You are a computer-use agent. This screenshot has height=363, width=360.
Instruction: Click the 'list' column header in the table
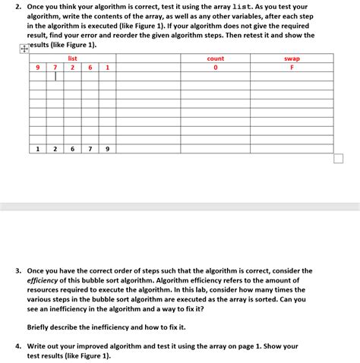coord(72,58)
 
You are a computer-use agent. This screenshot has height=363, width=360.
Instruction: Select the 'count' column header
coord(216,58)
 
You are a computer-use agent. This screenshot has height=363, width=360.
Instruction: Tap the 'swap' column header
coord(292,58)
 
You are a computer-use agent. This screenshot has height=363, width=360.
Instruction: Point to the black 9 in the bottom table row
coord(107,149)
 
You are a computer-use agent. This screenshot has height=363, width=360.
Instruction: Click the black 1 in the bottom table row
coord(37,149)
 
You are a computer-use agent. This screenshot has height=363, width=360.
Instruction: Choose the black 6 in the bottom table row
coord(72,149)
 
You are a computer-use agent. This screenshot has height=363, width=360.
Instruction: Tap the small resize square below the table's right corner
coord(338,159)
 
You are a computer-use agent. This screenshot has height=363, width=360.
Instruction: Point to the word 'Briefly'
coord(39,327)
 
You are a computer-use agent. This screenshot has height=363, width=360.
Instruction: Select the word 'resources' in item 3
coord(46,290)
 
